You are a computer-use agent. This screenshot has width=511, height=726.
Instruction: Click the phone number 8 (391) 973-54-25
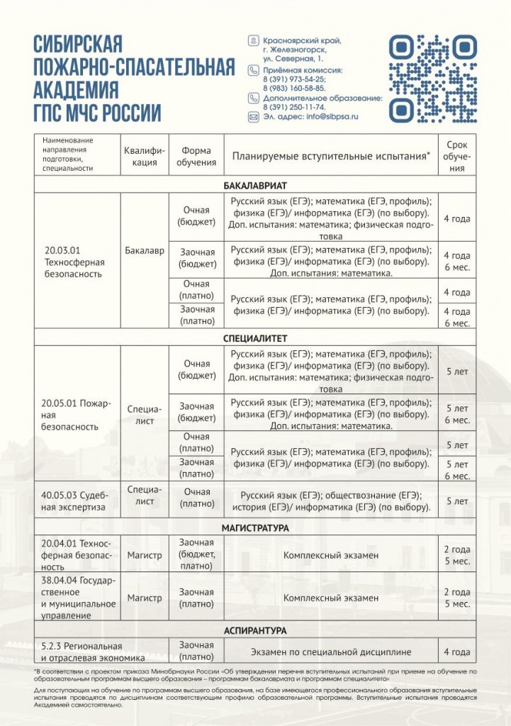tap(295, 79)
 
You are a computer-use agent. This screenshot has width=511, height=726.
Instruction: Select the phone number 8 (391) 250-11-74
tap(295, 106)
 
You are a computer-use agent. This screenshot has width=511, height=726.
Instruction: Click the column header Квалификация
tap(145, 157)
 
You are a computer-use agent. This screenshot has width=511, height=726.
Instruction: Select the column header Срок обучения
tap(457, 157)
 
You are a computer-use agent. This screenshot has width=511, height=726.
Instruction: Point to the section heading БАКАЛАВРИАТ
tap(254, 186)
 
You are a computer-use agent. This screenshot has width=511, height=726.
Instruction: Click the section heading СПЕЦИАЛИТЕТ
tap(254, 338)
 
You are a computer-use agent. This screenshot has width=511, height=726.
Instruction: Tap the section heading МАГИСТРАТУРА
tap(254, 528)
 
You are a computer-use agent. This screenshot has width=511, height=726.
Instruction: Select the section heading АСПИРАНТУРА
tap(254, 630)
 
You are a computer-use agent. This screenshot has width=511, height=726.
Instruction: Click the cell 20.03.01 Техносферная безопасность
tap(74, 261)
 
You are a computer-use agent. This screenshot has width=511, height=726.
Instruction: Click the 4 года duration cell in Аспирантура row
tap(457, 651)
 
